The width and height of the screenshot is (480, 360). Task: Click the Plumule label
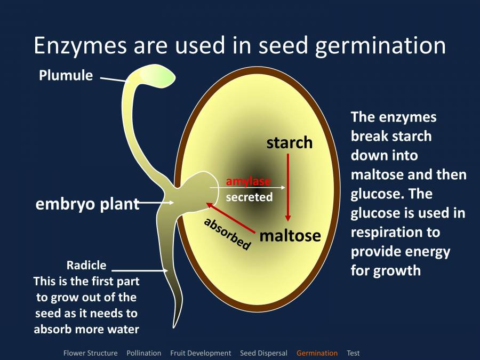pos(66,76)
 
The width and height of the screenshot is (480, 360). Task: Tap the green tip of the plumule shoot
pos(163,77)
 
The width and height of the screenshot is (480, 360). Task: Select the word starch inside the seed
pos(289,142)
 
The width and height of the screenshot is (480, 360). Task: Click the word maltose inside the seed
pos(290,235)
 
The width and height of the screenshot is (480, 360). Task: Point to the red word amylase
pos(248,181)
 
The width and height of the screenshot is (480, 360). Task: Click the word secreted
pos(249,197)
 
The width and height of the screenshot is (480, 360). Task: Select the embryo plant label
pos(87,204)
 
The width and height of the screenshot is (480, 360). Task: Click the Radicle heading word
pos(86,265)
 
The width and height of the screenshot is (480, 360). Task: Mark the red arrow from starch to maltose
pos(288,187)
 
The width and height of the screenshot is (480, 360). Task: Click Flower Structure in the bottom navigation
pos(90,353)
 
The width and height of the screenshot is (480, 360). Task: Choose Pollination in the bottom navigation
pos(143,353)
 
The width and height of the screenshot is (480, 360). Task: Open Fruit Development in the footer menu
pos(201,353)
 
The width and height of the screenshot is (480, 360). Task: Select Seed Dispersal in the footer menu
pos(263,353)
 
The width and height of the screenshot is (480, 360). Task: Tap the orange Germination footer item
pos(317,353)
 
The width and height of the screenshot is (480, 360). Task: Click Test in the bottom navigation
pos(353,353)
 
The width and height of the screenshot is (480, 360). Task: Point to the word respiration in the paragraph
pos(395,232)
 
